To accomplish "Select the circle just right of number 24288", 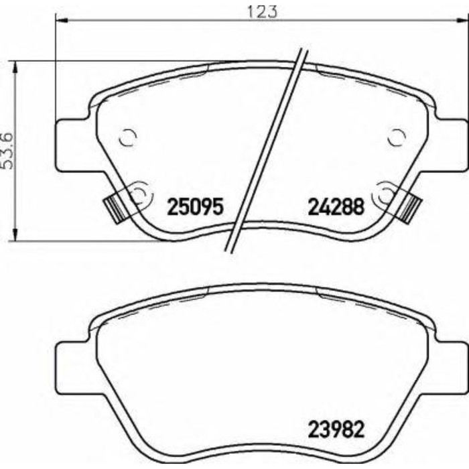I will [x=387, y=194].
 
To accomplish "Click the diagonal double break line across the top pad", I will [x=268, y=154].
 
